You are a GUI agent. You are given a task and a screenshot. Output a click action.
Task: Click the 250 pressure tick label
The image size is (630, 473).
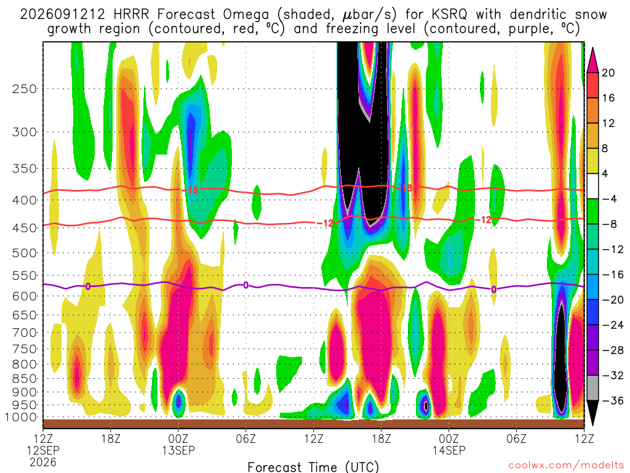pos(25,89)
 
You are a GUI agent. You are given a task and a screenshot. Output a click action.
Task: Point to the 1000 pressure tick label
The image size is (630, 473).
pos(22,418)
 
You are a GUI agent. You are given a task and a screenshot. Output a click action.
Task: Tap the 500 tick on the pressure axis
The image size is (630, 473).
pos(25,253)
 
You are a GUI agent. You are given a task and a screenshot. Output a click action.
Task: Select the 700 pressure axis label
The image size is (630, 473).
pos(25,333)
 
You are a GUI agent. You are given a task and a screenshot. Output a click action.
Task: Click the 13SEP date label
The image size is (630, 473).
pos(178,450)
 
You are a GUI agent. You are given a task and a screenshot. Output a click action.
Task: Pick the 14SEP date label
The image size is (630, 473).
pos(449,450)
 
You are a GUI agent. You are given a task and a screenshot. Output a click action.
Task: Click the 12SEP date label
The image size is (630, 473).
pos(43,450)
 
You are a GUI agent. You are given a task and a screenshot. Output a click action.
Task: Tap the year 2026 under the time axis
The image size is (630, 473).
pos(43,462)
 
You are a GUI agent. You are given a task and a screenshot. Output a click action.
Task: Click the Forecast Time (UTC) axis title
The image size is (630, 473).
pos(313,467)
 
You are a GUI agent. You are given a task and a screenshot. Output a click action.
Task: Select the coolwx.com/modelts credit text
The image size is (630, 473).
pos(566,466)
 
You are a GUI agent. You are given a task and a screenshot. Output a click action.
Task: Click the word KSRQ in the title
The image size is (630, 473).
pos(450,15)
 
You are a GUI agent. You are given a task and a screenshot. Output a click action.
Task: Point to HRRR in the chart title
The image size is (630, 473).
pos(131,15)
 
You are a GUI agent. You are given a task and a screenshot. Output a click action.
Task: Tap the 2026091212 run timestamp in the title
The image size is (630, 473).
pos(62,15)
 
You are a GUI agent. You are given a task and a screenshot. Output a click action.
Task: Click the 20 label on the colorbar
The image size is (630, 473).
pos(608,73)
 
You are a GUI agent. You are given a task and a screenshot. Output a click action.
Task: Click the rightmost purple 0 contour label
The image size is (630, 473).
pos(494,289)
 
